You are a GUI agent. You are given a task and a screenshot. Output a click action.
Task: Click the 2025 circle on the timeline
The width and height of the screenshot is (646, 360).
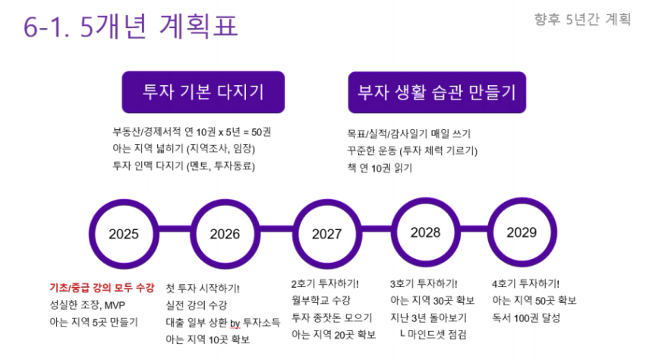click(124, 200)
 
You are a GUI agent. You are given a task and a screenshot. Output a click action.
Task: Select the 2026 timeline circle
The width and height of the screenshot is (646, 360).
click(225, 200)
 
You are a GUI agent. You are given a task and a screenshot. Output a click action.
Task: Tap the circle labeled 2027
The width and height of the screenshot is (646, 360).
click(326, 200)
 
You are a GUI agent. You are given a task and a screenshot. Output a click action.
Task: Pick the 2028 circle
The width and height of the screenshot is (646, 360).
click(425, 198)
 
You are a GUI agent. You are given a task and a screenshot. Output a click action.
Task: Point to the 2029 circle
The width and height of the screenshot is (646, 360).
click(522, 198)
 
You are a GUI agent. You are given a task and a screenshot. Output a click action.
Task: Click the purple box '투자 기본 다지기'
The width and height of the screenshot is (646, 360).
click(203, 92)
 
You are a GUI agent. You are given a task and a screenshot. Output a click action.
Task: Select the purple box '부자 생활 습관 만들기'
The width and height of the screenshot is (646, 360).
click(437, 92)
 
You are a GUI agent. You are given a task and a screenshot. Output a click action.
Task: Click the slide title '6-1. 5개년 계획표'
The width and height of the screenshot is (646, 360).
click(131, 26)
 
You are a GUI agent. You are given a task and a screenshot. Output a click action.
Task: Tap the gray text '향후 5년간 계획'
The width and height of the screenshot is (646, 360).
click(582, 19)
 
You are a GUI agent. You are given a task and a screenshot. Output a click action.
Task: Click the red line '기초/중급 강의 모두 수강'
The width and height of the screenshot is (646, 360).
click(102, 287)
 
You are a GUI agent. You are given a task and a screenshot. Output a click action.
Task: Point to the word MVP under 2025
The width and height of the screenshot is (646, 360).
click(115, 305)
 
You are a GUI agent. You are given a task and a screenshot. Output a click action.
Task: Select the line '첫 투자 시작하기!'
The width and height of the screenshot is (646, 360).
click(202, 288)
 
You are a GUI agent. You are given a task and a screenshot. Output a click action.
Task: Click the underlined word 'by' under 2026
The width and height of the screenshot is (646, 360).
click(235, 323)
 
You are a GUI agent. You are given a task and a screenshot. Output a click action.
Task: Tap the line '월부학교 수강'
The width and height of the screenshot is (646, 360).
click(321, 300)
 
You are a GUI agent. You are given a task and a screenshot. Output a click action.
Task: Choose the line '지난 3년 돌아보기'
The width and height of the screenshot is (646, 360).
click(428, 317)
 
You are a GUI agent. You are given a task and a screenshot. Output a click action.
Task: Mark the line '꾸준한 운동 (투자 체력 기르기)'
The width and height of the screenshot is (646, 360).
click(412, 151)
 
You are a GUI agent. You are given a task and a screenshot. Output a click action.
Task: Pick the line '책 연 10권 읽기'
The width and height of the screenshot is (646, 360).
click(380, 168)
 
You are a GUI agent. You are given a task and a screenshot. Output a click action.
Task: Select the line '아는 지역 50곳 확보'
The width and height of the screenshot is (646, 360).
click(534, 300)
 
